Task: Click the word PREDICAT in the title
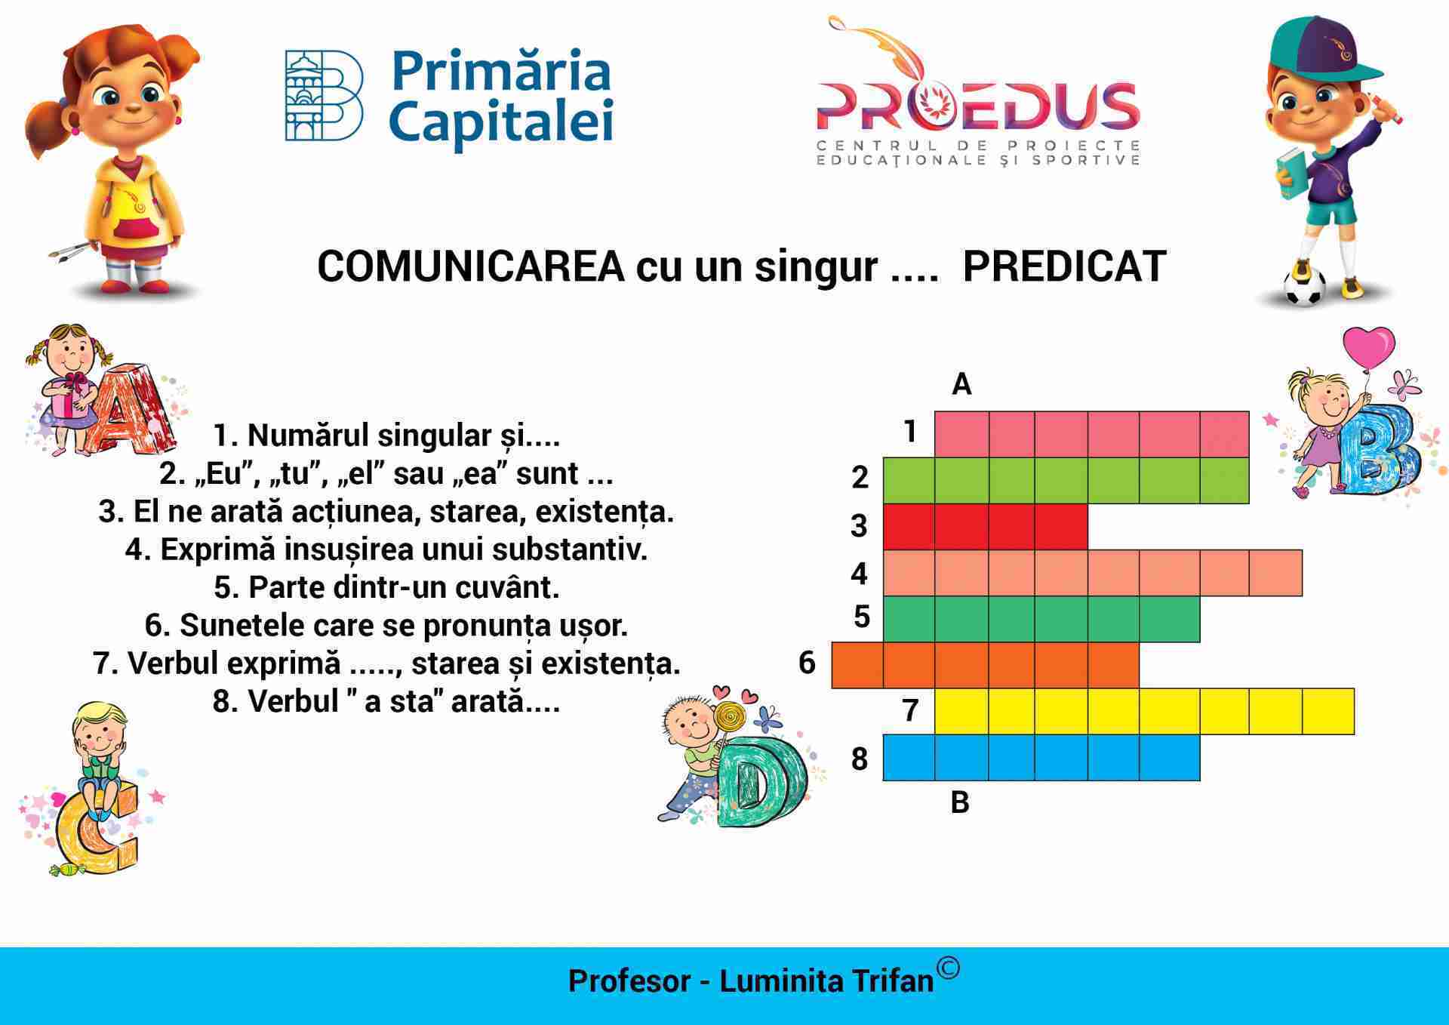coord(1065,266)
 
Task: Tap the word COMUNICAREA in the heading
coord(471,266)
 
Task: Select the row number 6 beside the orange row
coord(807,663)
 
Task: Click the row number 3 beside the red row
coord(859,526)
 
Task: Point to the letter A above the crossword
coord(961,384)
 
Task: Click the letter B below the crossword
coord(960,802)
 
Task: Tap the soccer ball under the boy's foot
coord(1304,286)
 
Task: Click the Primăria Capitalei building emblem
coord(324,96)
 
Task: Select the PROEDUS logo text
coord(978,106)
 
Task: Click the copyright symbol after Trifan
coord(948,968)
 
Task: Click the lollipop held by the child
coord(729,718)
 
